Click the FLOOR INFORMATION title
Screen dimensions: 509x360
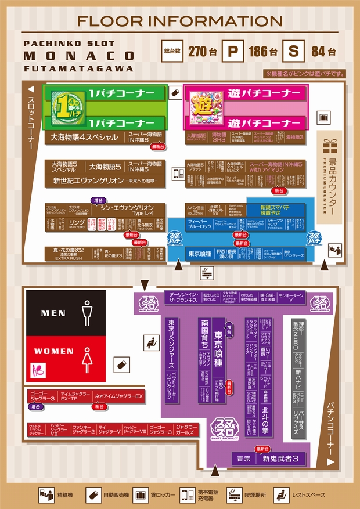tap(179, 21)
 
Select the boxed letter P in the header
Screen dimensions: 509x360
tap(233, 51)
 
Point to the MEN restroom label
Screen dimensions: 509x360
tap(53, 313)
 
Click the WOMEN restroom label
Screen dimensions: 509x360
tap(53, 352)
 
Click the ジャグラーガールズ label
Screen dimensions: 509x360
tap(186, 429)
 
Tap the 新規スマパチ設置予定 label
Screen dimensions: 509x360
tap(275, 210)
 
